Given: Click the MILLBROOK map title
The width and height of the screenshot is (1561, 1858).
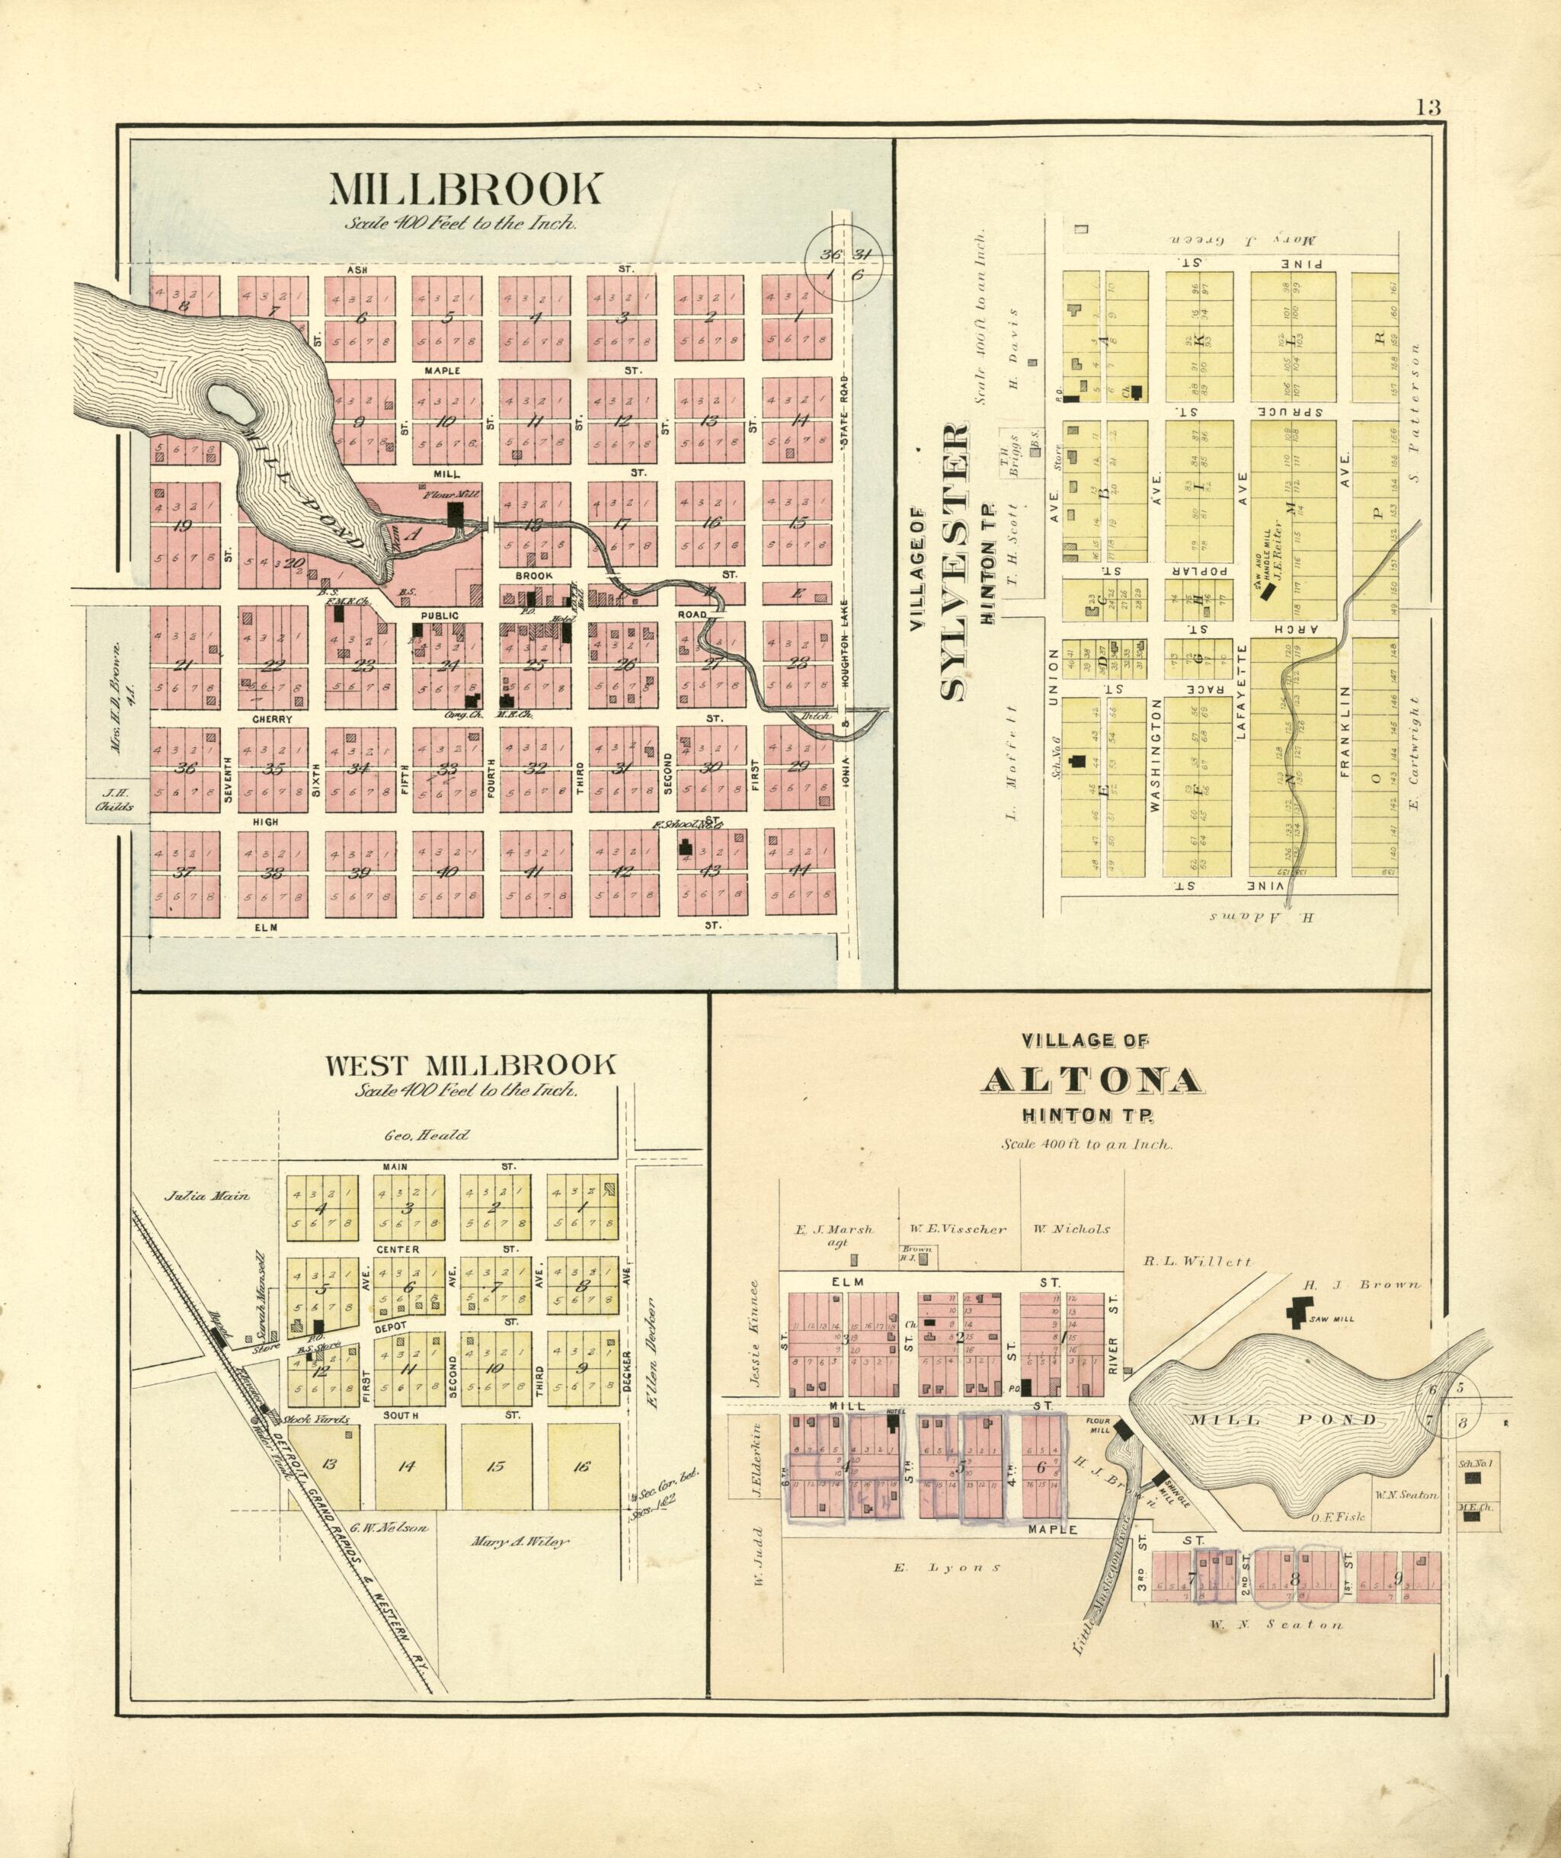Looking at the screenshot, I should pos(465,190).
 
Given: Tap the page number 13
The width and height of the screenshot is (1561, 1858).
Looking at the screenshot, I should pos(1428,108).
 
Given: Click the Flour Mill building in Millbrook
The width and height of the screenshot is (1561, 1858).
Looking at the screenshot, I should pos(456,516).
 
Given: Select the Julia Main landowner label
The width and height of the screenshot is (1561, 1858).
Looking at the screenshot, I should pos(207,1195).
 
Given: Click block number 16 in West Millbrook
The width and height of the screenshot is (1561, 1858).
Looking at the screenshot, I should pos(581,1465).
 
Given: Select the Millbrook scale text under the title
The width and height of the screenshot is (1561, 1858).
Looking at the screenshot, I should pos(462,223).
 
